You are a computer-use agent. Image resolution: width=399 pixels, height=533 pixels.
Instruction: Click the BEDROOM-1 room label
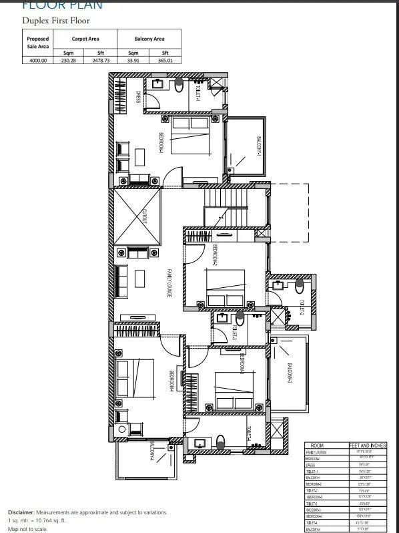tap(161, 143)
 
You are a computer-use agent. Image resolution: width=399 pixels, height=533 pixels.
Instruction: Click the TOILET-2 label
tap(301, 310)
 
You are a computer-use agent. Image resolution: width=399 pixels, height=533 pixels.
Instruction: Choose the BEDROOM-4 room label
tap(171, 382)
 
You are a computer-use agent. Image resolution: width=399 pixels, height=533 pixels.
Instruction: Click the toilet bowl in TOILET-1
tap(178, 85)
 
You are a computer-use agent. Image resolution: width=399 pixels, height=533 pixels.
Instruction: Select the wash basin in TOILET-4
tap(199, 441)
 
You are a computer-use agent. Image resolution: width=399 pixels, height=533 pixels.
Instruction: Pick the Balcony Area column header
tap(149, 39)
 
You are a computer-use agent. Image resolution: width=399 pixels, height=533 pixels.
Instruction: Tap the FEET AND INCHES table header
tap(366, 445)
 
